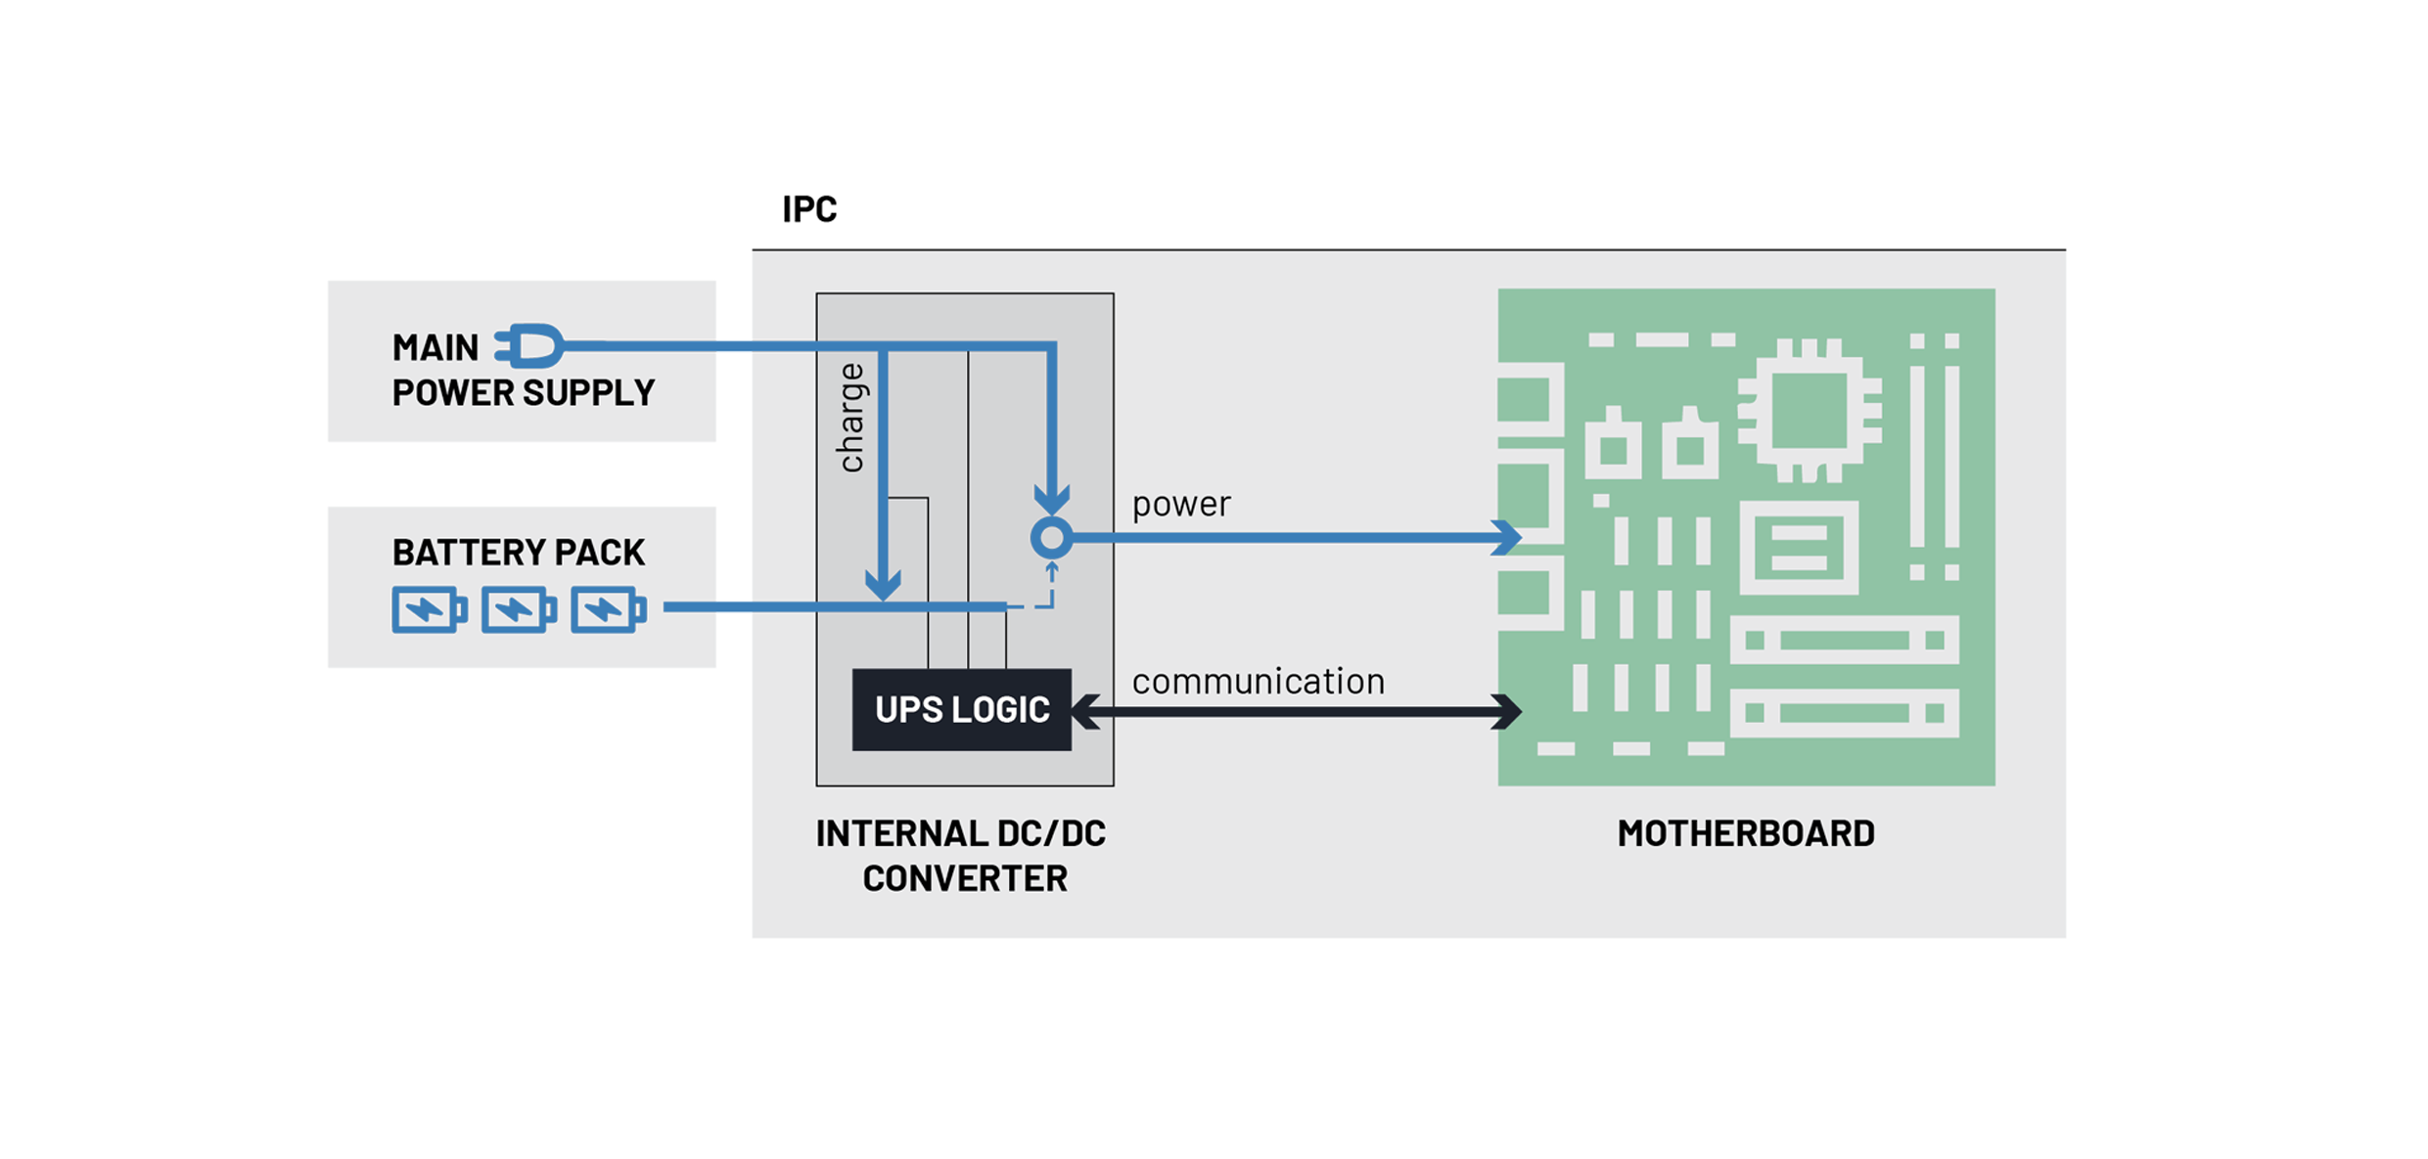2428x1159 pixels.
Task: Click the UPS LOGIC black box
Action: pyautogui.click(x=961, y=709)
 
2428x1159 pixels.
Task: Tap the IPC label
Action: pyautogui.click(x=808, y=209)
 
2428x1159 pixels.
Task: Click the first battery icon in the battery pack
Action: pyautogui.click(x=428, y=610)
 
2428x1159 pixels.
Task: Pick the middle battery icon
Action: pyautogui.click(x=518, y=610)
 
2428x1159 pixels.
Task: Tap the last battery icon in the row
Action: pyautogui.click(x=607, y=610)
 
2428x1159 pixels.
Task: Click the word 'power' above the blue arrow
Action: pyautogui.click(x=1180, y=505)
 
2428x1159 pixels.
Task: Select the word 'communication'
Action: pyautogui.click(x=1258, y=681)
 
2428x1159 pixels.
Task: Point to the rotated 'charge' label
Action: pyautogui.click(x=851, y=418)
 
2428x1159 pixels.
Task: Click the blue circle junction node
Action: pyautogui.click(x=1052, y=537)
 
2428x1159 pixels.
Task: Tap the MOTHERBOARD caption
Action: pyautogui.click(x=1745, y=833)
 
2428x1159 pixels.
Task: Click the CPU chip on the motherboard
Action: pyautogui.click(x=1810, y=411)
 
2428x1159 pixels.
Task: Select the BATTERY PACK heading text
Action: pyautogui.click(x=518, y=553)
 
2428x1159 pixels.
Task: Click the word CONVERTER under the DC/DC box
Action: pyautogui.click(x=964, y=878)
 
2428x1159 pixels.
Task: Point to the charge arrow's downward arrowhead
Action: pyautogui.click(x=883, y=585)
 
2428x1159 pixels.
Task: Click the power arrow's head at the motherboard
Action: pyautogui.click(x=1508, y=537)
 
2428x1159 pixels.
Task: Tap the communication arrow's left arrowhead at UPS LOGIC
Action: pyautogui.click(x=1085, y=711)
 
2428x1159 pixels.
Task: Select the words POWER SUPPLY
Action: pyautogui.click(x=523, y=393)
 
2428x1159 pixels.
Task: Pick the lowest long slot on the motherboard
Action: pyautogui.click(x=1844, y=713)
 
